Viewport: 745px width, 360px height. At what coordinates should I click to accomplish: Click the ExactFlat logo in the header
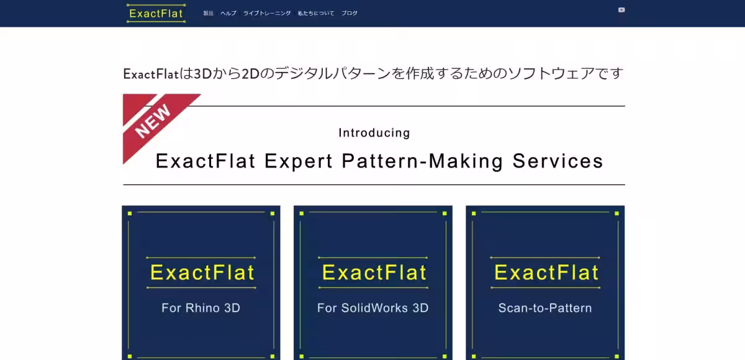click(x=156, y=13)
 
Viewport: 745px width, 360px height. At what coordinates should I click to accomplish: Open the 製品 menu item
click(x=208, y=13)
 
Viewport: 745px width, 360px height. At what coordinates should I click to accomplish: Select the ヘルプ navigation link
click(x=228, y=13)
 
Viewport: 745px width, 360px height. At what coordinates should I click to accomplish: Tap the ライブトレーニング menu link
click(x=267, y=13)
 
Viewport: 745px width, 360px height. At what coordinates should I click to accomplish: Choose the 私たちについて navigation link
click(x=316, y=13)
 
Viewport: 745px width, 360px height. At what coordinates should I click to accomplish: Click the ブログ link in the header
click(x=349, y=13)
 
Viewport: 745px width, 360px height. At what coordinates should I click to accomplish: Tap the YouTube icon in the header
click(x=621, y=10)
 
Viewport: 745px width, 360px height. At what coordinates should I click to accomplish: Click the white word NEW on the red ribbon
click(x=153, y=121)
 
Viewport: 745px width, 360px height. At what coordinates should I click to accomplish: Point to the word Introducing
click(x=374, y=133)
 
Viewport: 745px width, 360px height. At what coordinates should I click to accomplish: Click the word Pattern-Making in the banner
click(x=422, y=161)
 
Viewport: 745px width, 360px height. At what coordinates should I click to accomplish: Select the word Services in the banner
click(x=558, y=161)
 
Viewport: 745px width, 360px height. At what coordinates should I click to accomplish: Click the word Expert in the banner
click(x=299, y=161)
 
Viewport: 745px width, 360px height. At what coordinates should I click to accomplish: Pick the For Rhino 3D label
click(x=201, y=308)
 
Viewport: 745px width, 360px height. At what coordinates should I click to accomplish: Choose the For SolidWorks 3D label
click(x=373, y=308)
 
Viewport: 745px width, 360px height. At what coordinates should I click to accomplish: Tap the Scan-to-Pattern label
click(x=545, y=308)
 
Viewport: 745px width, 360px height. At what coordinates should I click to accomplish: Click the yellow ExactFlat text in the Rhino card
click(x=202, y=272)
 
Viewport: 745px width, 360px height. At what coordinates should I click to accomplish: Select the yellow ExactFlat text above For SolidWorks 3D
click(x=374, y=272)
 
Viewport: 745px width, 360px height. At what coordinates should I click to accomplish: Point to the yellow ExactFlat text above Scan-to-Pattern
click(x=546, y=272)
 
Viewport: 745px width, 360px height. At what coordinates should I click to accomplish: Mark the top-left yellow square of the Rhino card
click(x=130, y=214)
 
